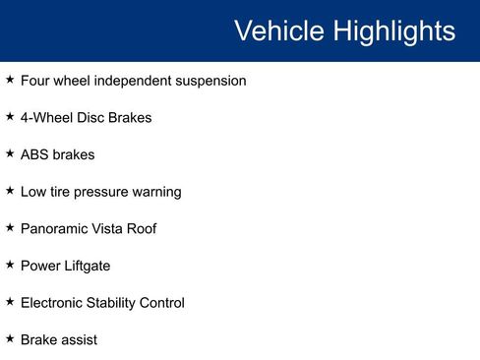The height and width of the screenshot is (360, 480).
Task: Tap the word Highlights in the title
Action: click(x=393, y=30)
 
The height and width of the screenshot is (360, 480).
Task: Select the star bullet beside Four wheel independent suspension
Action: click(x=10, y=79)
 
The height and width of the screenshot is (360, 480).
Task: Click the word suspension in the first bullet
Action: click(x=210, y=81)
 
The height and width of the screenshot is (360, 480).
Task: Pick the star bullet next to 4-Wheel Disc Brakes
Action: click(x=10, y=116)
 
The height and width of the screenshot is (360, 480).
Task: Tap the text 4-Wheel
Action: click(x=46, y=118)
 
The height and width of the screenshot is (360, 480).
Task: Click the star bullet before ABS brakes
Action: click(x=10, y=152)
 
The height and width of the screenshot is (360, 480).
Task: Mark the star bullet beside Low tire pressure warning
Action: click(x=10, y=190)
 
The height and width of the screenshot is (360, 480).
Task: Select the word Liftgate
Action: click(x=88, y=266)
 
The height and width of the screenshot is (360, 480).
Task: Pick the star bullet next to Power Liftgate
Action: click(x=10, y=264)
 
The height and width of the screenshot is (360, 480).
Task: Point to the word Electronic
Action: click(x=52, y=303)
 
